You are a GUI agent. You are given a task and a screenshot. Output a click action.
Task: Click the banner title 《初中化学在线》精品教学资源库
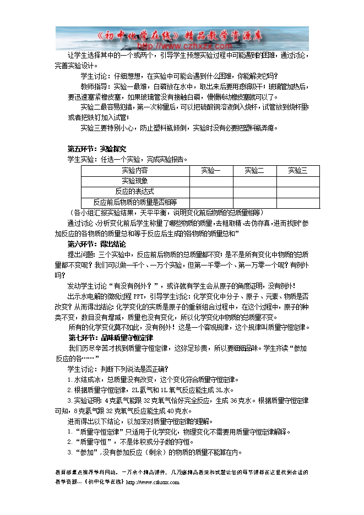click(182, 34)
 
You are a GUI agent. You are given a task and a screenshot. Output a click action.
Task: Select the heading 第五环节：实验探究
click(96, 149)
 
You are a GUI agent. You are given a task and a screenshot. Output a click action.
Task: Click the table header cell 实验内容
click(134, 170)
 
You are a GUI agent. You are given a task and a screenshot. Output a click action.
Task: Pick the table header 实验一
click(210, 170)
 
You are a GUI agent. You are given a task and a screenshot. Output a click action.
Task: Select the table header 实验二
click(254, 170)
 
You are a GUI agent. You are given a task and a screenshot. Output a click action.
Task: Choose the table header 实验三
click(298, 170)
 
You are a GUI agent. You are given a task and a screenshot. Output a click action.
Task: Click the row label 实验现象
click(134, 181)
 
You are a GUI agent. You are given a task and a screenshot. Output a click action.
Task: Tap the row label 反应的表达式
click(134, 191)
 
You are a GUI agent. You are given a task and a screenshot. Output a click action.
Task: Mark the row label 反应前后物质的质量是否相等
click(134, 202)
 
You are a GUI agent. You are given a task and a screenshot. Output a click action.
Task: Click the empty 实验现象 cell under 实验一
click(210, 181)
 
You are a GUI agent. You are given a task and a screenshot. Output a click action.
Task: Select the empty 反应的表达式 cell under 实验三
click(298, 191)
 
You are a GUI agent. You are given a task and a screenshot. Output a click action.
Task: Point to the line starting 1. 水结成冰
click(151, 380)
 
